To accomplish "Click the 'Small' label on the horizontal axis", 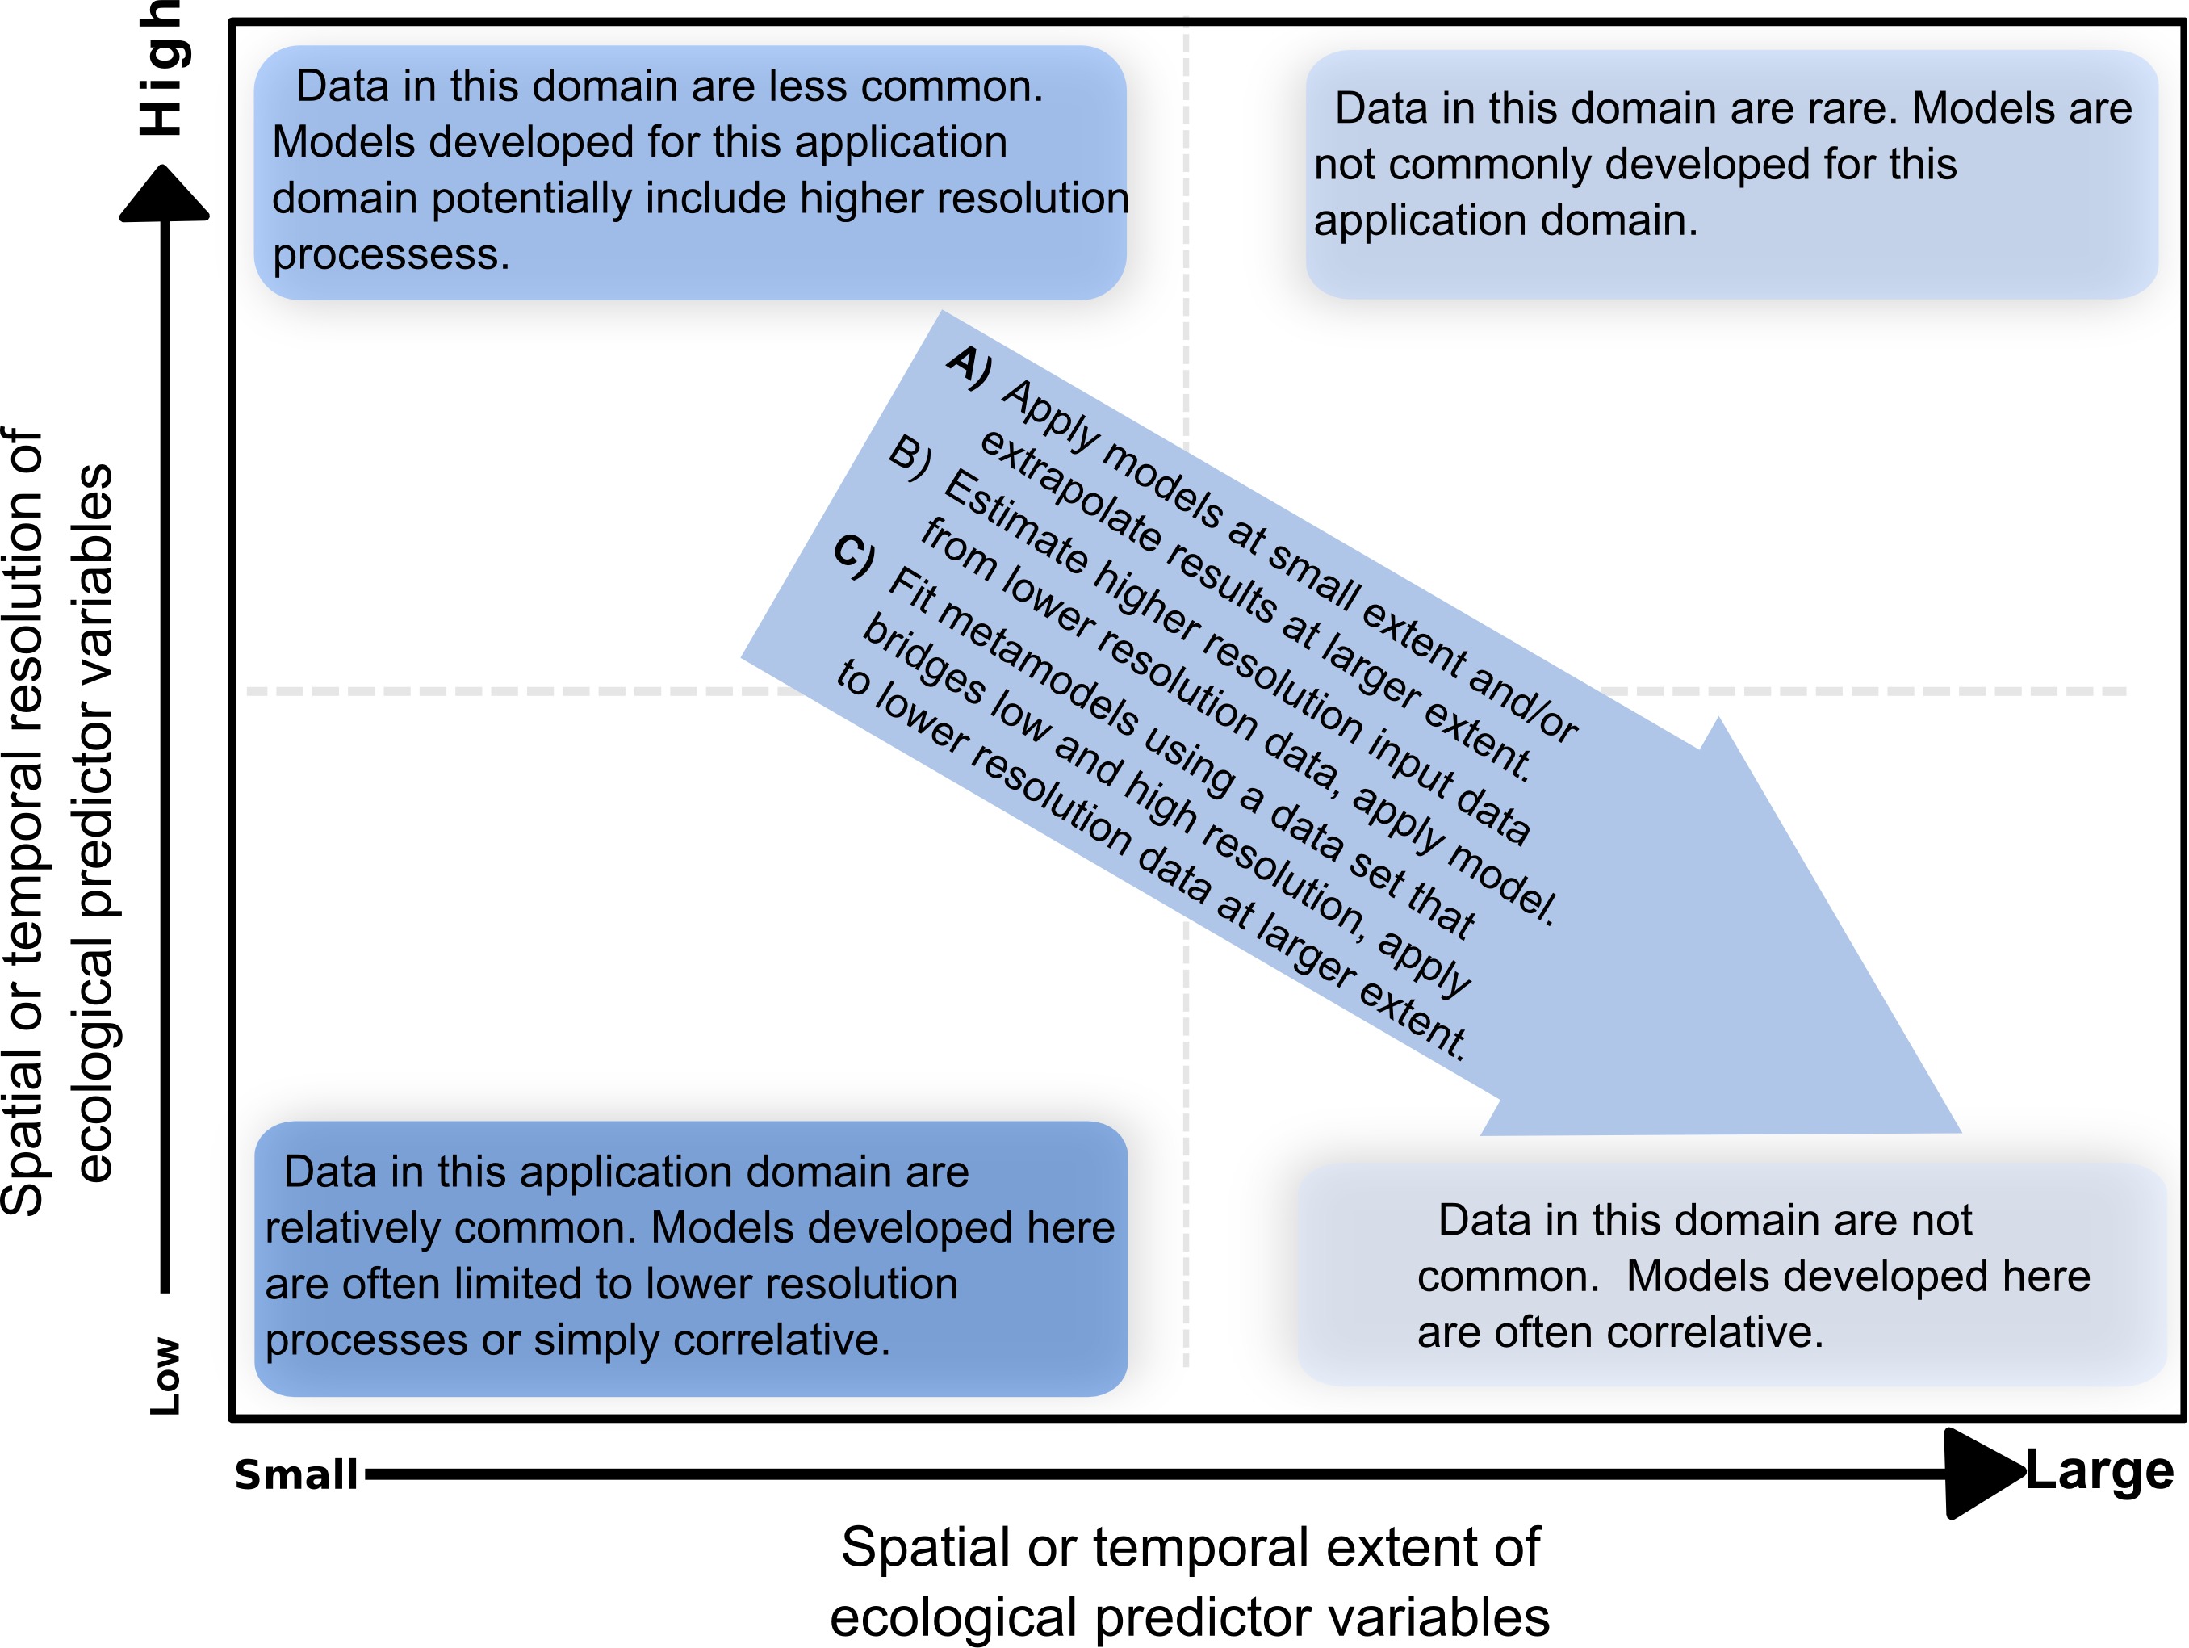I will point(295,1474).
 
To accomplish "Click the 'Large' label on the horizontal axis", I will point(2099,1472).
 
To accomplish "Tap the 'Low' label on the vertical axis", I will point(165,1376).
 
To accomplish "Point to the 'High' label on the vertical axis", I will point(161,69).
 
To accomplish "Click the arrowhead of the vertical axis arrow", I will point(165,193).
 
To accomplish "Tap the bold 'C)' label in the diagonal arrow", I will point(854,556).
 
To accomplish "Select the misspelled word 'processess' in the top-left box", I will point(391,254).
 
